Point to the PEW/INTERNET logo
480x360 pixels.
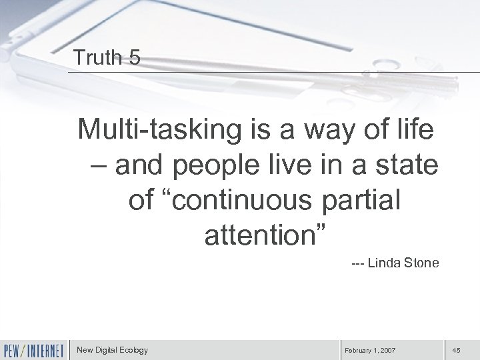(x=34, y=349)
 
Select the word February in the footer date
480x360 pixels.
(x=360, y=350)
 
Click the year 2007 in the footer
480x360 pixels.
(x=389, y=350)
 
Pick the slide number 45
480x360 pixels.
(x=457, y=350)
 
